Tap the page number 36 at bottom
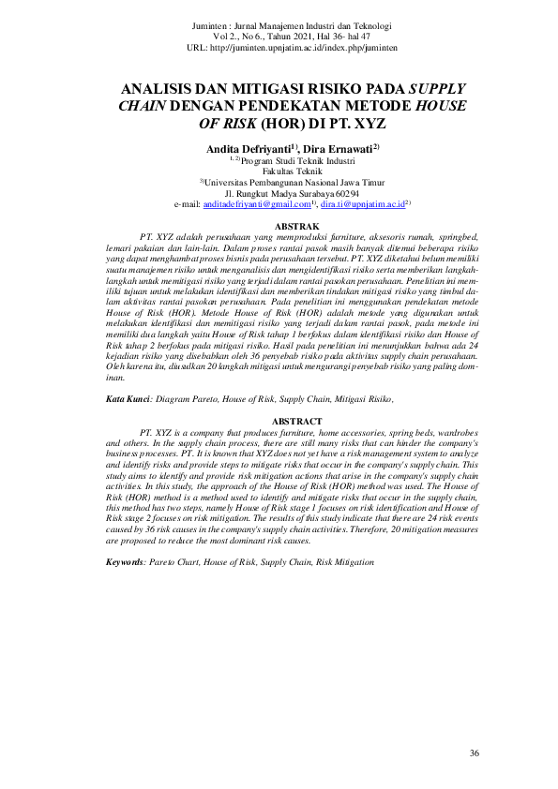[x=474, y=753]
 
